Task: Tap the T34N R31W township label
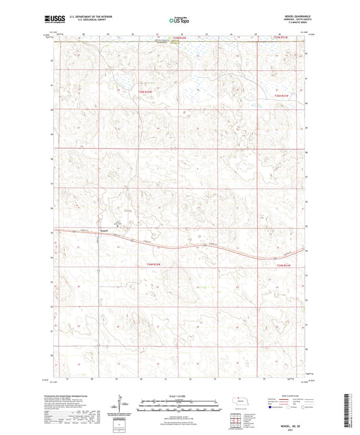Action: pyautogui.click(x=286, y=265)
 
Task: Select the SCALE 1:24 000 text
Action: pyautogui.click(x=180, y=395)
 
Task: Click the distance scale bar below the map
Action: pyautogui.click(x=180, y=405)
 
